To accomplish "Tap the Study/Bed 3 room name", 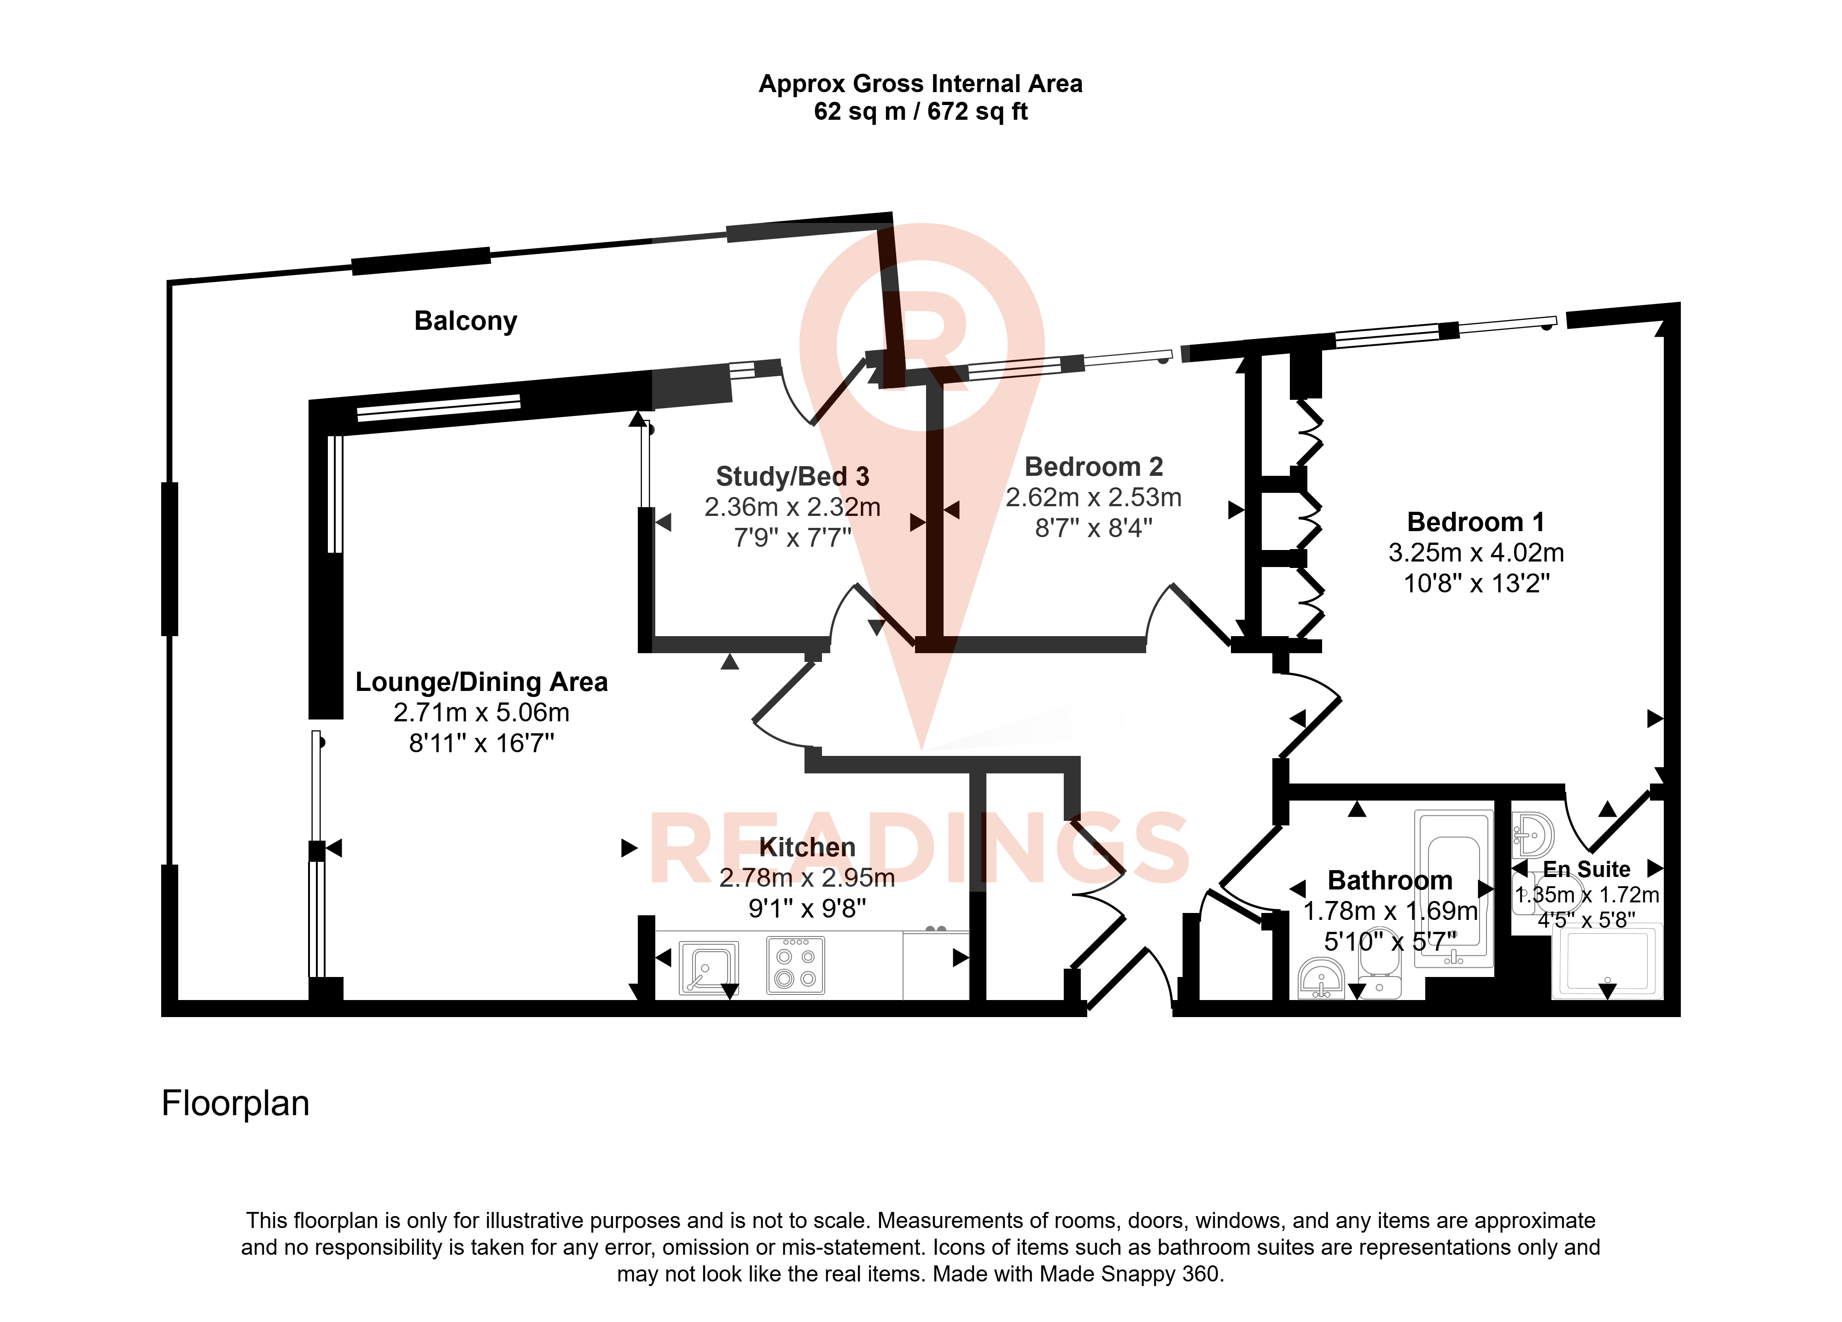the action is [x=792, y=476].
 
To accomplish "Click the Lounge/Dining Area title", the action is [x=482, y=682].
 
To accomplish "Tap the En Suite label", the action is [x=1586, y=869].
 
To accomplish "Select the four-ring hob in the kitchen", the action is [x=795, y=965].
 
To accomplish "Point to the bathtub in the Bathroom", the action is [x=1454, y=888].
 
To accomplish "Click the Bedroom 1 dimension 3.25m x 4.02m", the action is [x=1476, y=553].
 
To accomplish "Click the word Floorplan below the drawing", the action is [x=235, y=1103].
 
